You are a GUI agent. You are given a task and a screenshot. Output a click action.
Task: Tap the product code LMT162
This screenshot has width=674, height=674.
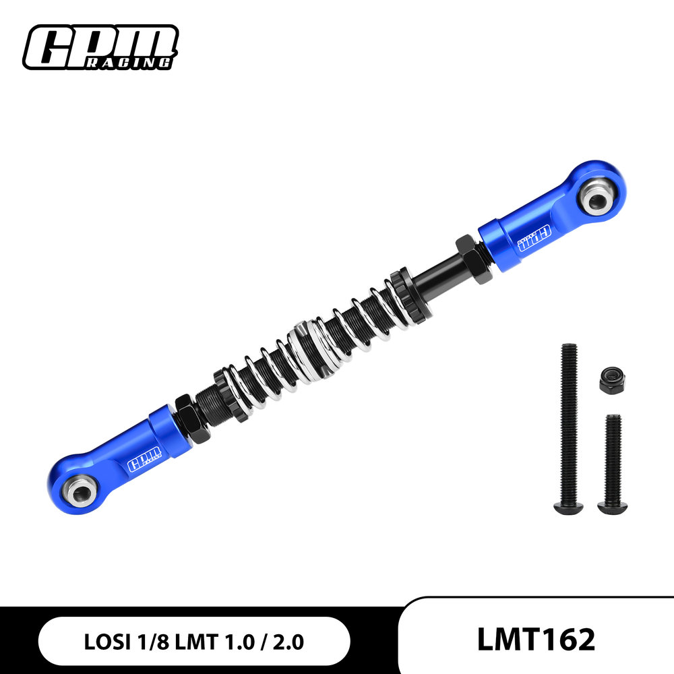(537, 640)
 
